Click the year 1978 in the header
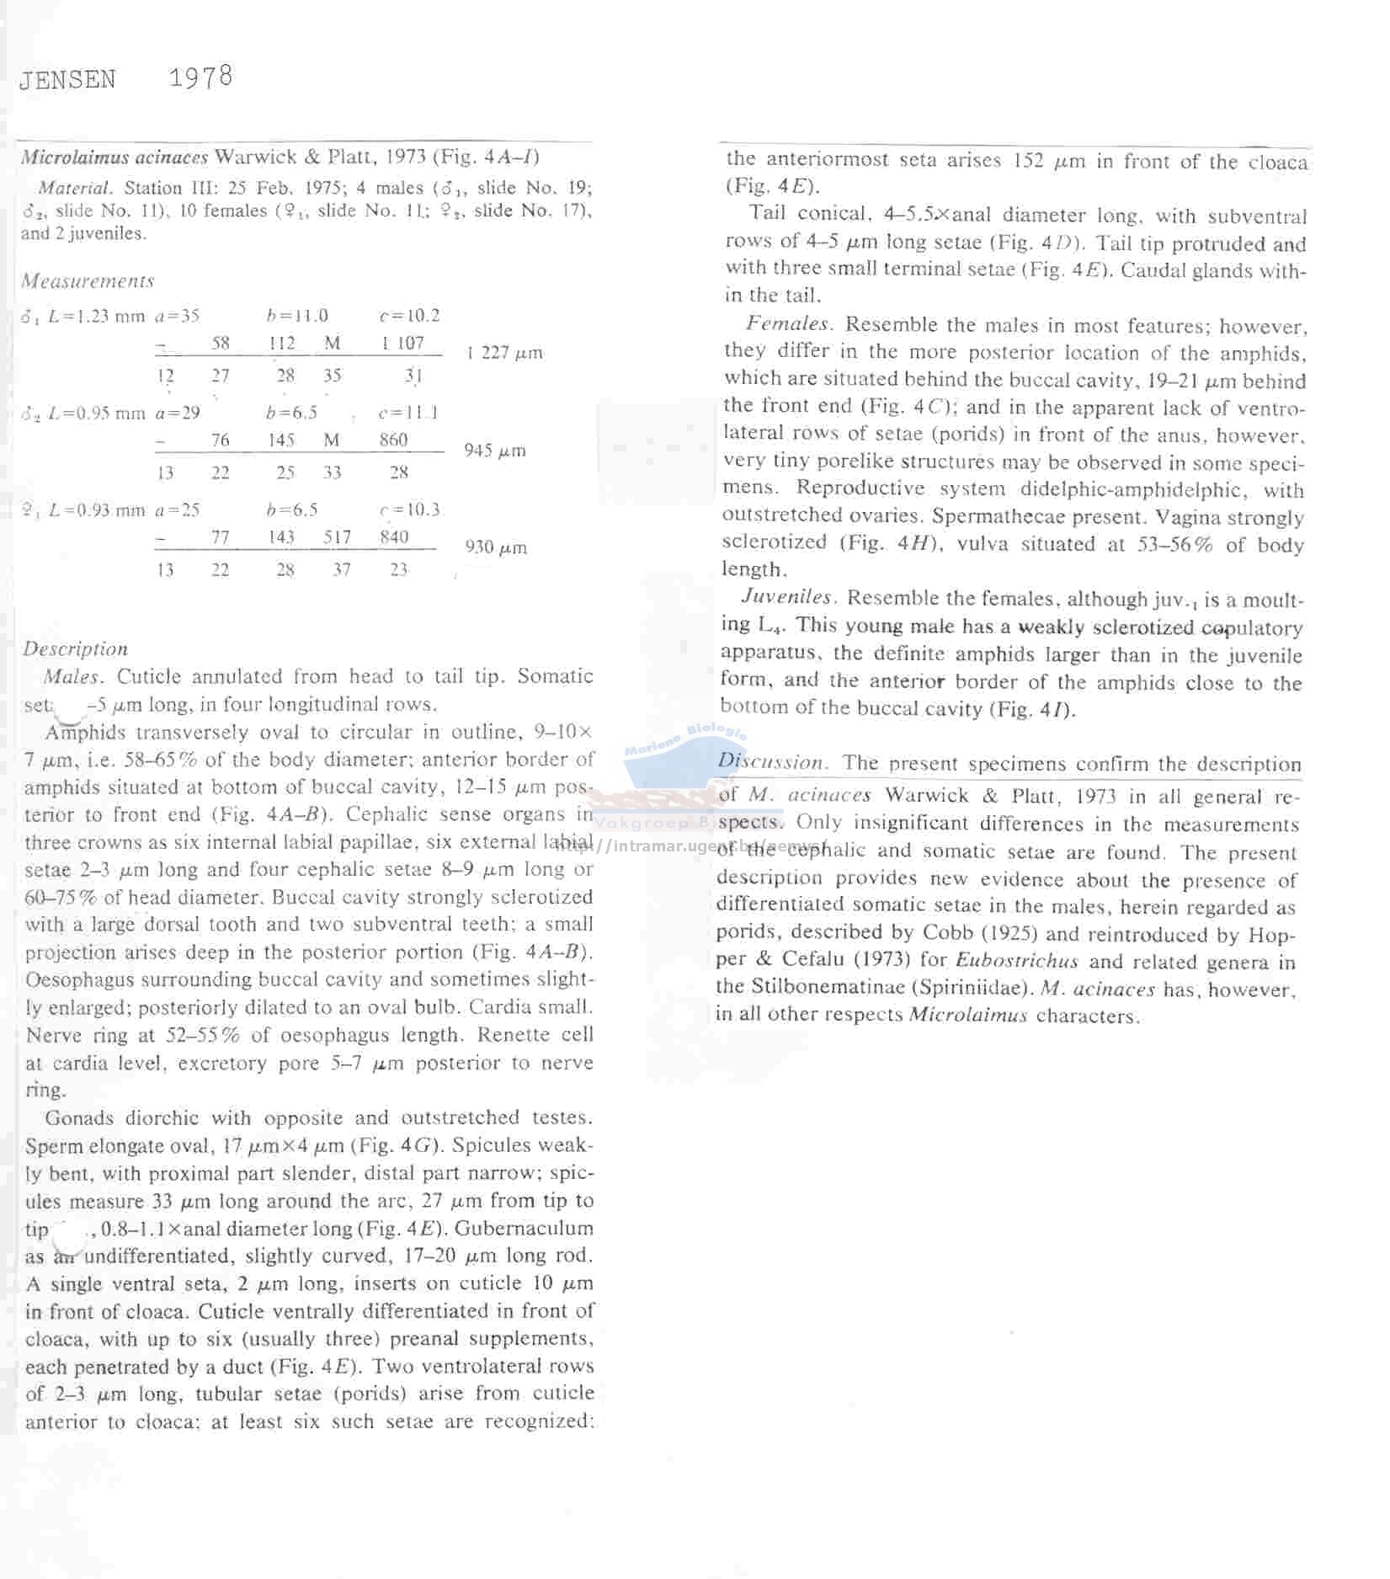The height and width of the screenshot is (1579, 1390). click(200, 77)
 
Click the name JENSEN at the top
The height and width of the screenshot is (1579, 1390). click(67, 80)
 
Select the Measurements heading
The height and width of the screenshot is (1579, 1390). click(88, 280)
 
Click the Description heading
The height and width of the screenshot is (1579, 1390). click(76, 648)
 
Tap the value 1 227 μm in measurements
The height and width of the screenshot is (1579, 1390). click(504, 353)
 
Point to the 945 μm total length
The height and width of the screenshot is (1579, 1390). click(495, 451)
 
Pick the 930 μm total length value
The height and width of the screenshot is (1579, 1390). click(496, 547)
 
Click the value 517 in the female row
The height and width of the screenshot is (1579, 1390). click(337, 536)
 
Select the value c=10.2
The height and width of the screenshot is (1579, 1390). click(409, 316)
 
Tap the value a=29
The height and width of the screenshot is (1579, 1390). click(178, 413)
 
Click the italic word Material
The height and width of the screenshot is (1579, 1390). click(75, 188)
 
